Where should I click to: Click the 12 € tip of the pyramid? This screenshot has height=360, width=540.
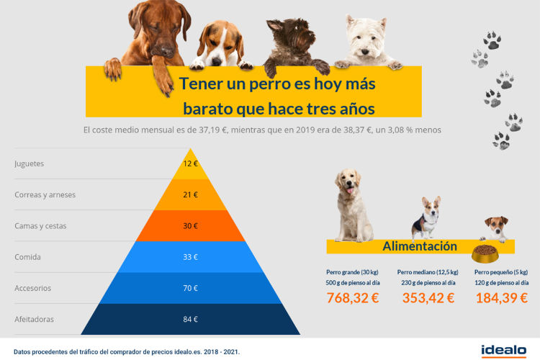point(190,163)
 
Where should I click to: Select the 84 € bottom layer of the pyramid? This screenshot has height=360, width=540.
point(190,320)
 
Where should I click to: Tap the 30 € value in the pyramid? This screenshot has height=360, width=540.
point(190,226)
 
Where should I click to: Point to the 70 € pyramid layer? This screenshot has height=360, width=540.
point(190,288)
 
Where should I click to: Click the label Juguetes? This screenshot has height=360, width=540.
point(30,163)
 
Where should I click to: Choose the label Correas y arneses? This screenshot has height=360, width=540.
point(45,194)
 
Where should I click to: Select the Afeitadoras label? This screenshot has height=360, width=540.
point(34,319)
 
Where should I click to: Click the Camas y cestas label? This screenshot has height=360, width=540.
point(40,226)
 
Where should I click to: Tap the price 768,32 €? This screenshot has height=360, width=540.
point(353,297)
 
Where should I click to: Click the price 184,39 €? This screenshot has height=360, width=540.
point(501,297)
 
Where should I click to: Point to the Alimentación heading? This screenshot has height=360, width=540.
point(420,246)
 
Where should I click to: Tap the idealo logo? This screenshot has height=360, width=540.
point(504,351)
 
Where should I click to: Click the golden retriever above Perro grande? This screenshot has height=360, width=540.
point(352,202)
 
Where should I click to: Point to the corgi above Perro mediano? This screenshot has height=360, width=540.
point(426,218)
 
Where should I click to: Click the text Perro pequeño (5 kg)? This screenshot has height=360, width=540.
point(501,272)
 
